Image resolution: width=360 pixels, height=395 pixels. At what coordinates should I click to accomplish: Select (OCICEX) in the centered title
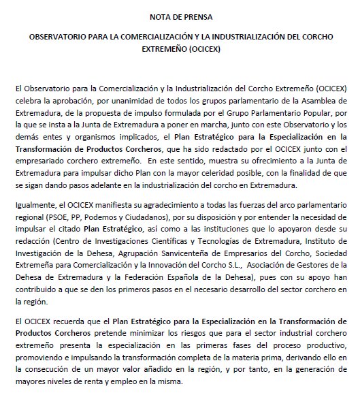tap(203, 50)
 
